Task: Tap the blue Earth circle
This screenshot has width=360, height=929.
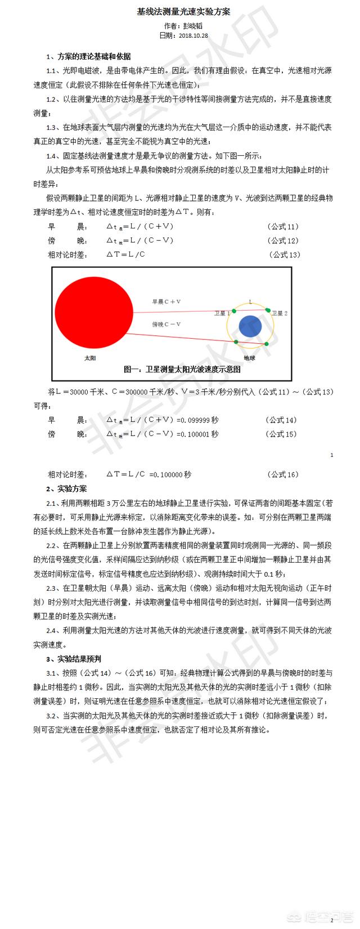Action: click(x=250, y=327)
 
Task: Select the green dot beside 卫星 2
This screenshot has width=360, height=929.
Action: click(x=267, y=309)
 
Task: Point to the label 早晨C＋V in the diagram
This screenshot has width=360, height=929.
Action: click(x=166, y=302)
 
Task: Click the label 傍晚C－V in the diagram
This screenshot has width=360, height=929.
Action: click(x=166, y=324)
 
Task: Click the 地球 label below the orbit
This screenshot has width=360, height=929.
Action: click(x=250, y=357)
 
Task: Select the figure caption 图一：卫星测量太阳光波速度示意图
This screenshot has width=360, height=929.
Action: click(x=182, y=370)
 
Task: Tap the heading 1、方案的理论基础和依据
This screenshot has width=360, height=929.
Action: click(x=88, y=56)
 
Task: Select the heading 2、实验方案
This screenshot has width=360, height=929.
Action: click(x=66, y=488)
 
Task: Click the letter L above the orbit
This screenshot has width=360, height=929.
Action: click(x=250, y=302)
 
